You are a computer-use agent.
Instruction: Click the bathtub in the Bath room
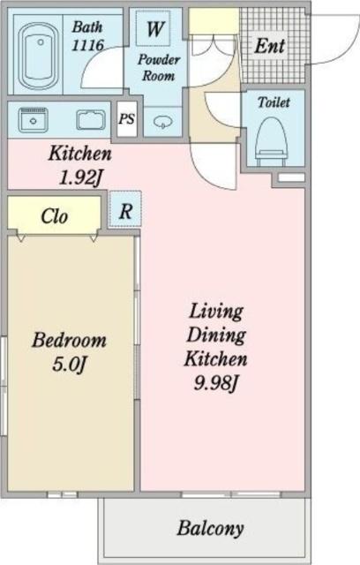click(x=38, y=56)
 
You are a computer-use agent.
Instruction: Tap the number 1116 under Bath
click(x=87, y=45)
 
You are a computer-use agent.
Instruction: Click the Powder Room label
click(x=159, y=68)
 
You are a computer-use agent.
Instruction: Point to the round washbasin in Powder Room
click(x=163, y=122)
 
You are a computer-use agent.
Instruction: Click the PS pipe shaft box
click(x=127, y=118)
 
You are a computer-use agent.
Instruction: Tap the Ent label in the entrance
click(x=270, y=46)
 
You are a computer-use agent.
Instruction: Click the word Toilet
click(x=274, y=102)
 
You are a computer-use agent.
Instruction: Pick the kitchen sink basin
click(x=91, y=120)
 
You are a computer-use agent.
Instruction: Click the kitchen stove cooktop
click(x=34, y=120)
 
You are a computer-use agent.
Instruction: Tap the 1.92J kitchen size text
click(x=81, y=177)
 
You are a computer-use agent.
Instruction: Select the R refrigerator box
click(x=125, y=210)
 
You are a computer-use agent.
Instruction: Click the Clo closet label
click(x=55, y=216)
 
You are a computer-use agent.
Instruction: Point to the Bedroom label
click(x=69, y=341)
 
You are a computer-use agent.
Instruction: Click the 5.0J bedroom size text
click(x=70, y=365)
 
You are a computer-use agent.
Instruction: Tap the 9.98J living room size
click(x=216, y=383)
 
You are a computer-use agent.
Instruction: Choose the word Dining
click(x=216, y=335)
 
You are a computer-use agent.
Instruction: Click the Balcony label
click(x=210, y=529)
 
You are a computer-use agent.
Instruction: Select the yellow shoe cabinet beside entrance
click(x=214, y=21)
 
